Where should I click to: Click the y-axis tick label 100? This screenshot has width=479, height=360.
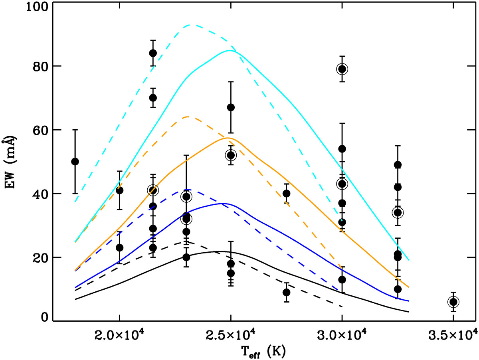pos(37,7)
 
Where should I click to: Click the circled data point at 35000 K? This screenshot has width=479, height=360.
pos(453,302)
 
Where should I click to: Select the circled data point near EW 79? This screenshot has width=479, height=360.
pos(342,69)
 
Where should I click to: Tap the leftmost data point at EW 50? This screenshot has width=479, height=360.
pos(75,161)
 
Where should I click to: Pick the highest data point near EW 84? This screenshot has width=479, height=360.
pos(152,53)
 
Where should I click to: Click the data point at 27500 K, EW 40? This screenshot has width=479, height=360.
pos(286,194)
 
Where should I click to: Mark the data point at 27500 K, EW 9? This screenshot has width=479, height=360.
pos(286,292)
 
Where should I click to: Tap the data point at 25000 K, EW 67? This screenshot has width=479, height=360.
pos(230,107)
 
